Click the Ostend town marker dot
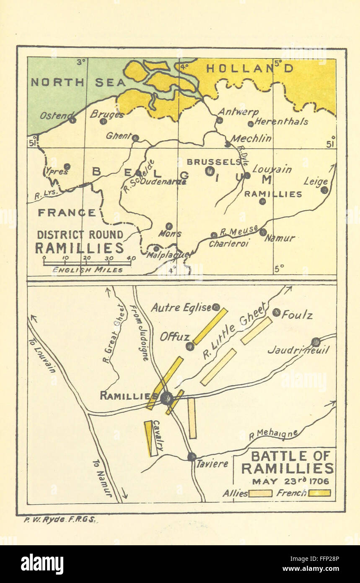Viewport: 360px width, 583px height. pyautogui.click(x=73, y=120)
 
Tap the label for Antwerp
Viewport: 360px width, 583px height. pyautogui.click(x=238, y=112)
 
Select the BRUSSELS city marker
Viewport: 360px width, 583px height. pyautogui.click(x=210, y=171)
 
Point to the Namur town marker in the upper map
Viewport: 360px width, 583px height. pyautogui.click(x=263, y=232)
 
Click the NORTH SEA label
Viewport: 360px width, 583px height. pyautogui.click(x=78, y=82)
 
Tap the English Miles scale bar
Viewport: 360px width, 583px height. pyautogui.click(x=87, y=263)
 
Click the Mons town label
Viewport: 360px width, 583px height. pyautogui.click(x=170, y=234)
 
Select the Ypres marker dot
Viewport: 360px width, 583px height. pyautogui.click(x=67, y=167)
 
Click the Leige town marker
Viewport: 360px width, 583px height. pyautogui.click(x=324, y=190)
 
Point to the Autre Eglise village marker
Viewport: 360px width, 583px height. pyautogui.click(x=216, y=307)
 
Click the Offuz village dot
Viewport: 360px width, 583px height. pyautogui.click(x=190, y=346)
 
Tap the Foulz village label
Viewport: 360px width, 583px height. pyautogui.click(x=297, y=315)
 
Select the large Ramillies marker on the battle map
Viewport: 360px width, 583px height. pyautogui.click(x=167, y=398)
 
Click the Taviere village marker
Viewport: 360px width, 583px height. pyautogui.click(x=192, y=456)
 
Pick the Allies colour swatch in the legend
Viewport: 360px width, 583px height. pyautogui.click(x=260, y=493)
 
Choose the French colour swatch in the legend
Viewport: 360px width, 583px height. pyautogui.click(x=319, y=493)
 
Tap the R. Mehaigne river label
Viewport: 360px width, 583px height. pyautogui.click(x=273, y=435)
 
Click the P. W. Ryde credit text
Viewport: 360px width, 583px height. pyautogui.click(x=59, y=519)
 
